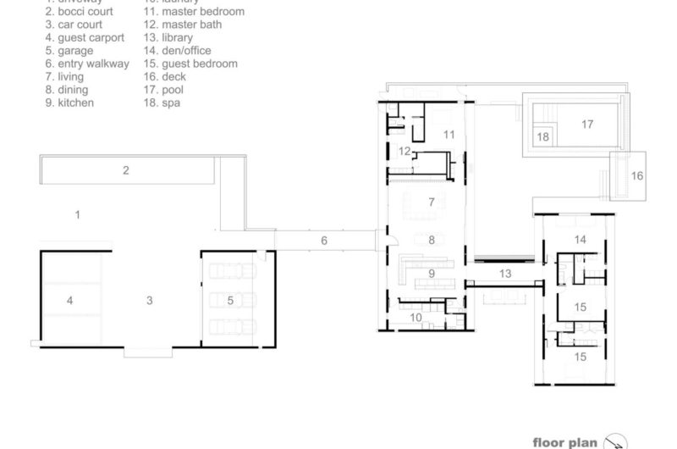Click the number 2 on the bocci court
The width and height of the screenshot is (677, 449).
point(126,170)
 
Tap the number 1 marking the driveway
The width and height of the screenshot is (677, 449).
point(78,215)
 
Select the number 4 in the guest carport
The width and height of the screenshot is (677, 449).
point(70,300)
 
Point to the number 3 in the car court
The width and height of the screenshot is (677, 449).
point(150,300)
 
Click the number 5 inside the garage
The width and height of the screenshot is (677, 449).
point(230,300)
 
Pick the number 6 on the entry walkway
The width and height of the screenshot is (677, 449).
point(323,241)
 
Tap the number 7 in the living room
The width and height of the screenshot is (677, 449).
point(431,202)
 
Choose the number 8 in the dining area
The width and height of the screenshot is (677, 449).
point(431,241)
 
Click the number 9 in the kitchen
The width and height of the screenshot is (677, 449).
point(431,273)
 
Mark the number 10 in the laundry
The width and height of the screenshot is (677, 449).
point(416,317)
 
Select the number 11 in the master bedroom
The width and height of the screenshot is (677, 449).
point(449,134)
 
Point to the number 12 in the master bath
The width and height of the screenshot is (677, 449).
point(405,151)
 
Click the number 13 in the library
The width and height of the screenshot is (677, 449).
point(505,274)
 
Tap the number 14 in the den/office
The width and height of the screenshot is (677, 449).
point(580,240)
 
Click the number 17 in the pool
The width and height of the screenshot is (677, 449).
point(587,124)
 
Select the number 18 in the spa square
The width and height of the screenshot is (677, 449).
point(543,136)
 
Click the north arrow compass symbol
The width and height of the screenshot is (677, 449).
point(615,441)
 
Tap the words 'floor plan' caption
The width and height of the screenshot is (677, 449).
point(566,441)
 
